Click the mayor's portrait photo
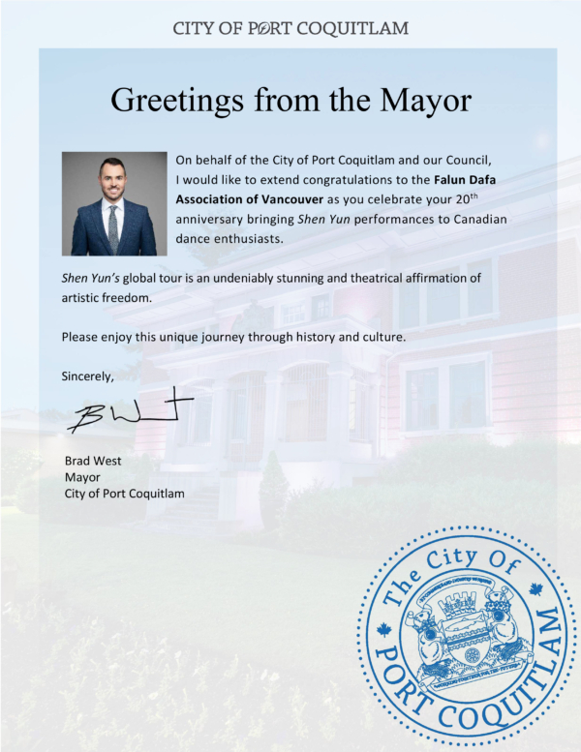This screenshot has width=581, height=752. coord(113,203)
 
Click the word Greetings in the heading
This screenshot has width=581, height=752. coord(178,100)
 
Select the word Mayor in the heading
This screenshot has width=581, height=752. coord(423,100)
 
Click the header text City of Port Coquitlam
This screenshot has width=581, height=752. coord(290,28)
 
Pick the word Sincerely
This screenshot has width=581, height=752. coord(87,376)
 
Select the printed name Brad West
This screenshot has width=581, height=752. coord(93,461)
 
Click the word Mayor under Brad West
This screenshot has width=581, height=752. coord(81,477)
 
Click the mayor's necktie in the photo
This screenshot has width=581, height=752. coord(113,228)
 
